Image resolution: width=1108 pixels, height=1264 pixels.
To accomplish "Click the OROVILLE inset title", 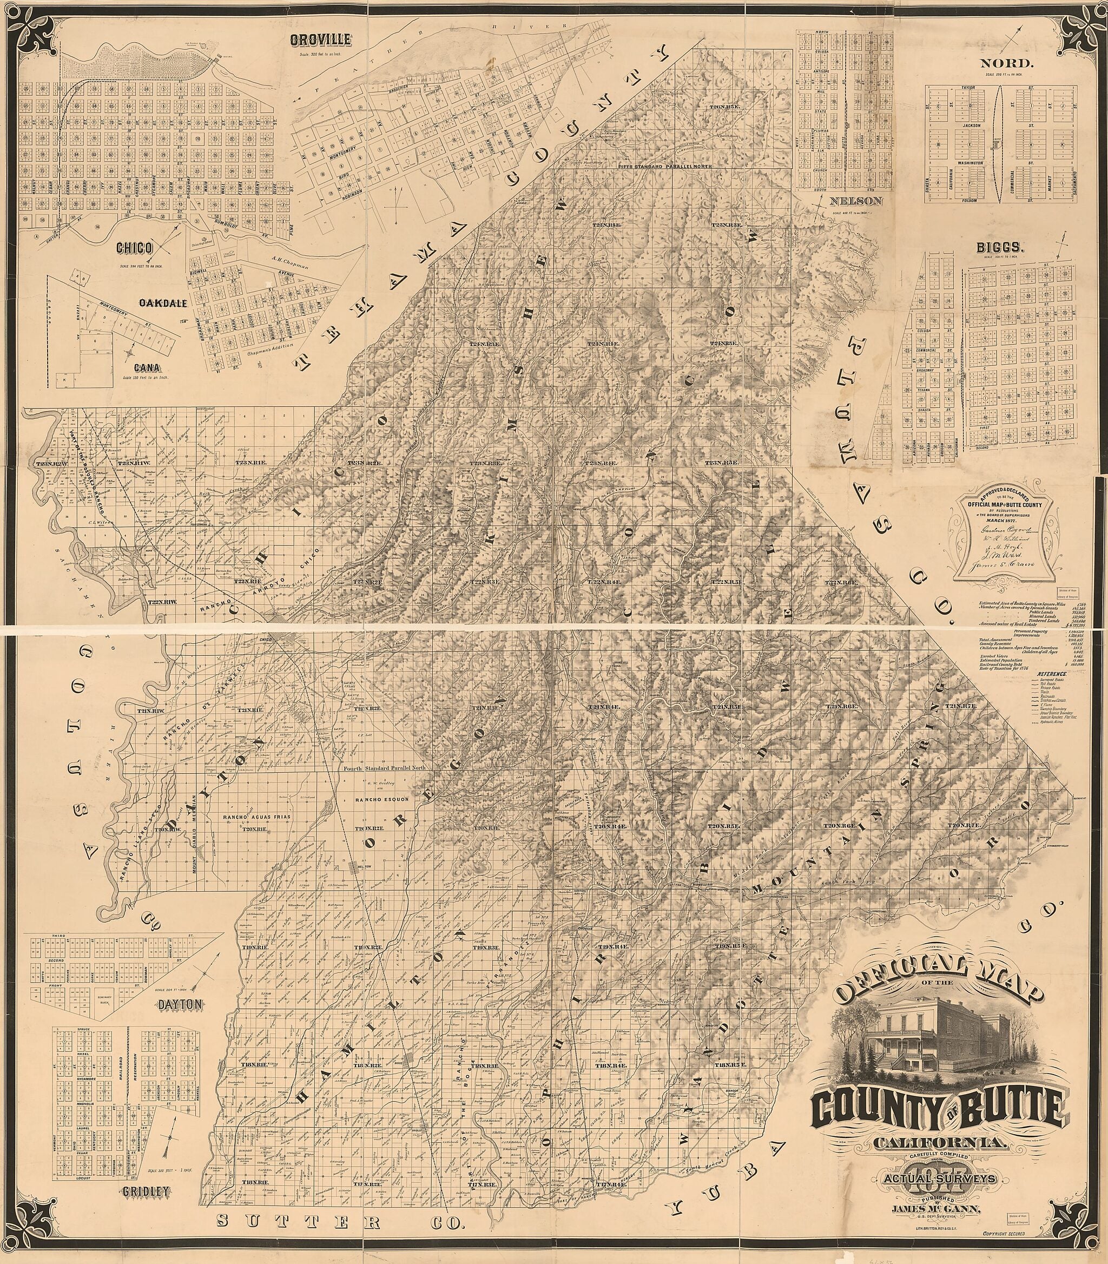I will click(x=321, y=40).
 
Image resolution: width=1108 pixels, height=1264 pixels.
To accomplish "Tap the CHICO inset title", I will click(x=134, y=248).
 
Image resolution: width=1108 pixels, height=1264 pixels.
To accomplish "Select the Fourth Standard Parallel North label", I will click(x=385, y=769).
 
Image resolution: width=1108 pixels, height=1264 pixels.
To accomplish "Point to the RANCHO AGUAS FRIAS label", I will click(x=257, y=818).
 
